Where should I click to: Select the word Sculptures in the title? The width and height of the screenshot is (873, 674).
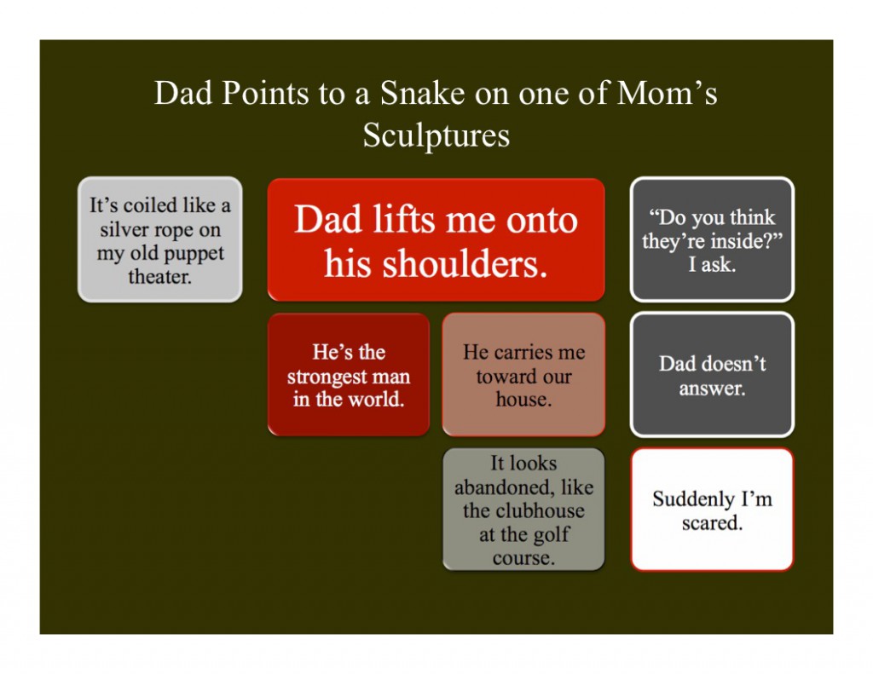click(x=436, y=135)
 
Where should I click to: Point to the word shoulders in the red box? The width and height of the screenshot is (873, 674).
click(x=436, y=262)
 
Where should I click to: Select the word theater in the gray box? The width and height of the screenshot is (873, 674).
click(x=159, y=276)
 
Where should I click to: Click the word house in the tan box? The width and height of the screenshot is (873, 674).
click(x=524, y=399)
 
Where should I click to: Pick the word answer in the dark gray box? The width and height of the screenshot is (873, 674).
click(x=712, y=388)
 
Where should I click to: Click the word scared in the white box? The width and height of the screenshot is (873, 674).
click(x=712, y=523)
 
